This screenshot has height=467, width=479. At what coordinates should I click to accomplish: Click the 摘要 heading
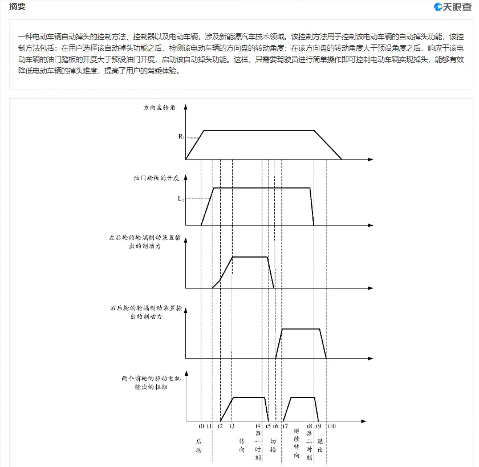(17, 7)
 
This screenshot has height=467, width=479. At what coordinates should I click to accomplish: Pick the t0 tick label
(201, 426)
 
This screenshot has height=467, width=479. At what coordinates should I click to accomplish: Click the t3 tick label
(232, 426)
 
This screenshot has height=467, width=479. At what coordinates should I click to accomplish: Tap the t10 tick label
(330, 426)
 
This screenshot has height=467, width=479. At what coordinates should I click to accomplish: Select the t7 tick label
(285, 426)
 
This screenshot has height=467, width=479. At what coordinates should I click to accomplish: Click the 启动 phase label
(199, 445)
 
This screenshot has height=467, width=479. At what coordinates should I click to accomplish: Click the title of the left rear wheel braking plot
(145, 241)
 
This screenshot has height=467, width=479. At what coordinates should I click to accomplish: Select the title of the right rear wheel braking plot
(145, 311)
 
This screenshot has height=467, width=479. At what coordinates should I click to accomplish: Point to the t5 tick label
(268, 426)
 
